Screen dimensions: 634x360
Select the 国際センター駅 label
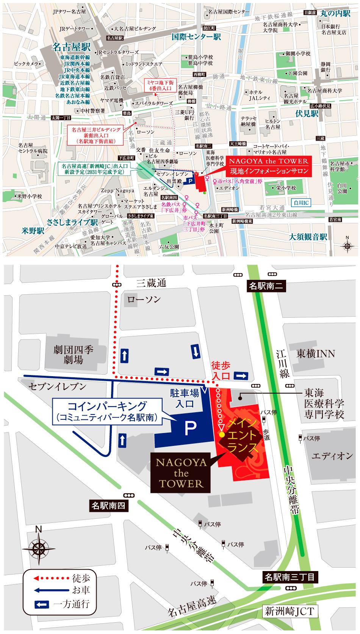click(x=196, y=37)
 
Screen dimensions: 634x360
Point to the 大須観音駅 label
click(x=308, y=237)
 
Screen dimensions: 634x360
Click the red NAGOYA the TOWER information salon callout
click(x=268, y=166)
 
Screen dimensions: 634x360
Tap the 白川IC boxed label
click(x=301, y=203)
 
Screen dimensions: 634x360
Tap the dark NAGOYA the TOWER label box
click(x=181, y=473)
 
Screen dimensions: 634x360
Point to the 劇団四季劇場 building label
click(x=73, y=354)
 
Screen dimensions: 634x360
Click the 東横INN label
click(x=315, y=354)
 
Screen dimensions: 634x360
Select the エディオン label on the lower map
click(x=332, y=456)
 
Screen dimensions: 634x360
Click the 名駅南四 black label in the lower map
click(x=108, y=505)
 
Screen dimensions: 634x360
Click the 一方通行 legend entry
click(x=63, y=604)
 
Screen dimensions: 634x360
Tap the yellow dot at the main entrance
click(x=221, y=434)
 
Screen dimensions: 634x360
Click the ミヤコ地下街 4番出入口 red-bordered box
click(x=159, y=85)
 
